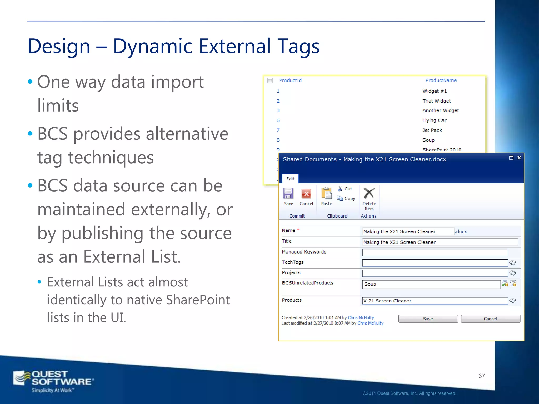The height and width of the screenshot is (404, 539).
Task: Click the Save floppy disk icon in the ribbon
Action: [288, 194]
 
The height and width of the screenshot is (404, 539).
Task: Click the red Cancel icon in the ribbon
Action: [306, 194]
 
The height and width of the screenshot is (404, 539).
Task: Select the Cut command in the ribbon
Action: [345, 189]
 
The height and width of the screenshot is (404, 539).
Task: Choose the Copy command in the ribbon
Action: [346, 199]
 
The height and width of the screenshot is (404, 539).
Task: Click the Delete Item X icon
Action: [369, 193]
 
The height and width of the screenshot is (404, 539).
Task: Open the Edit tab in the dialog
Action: [290, 179]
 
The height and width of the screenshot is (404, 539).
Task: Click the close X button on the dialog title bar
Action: [519, 158]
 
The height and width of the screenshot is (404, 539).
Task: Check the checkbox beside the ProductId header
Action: [270, 80]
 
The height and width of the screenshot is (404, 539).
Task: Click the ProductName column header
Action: [441, 80]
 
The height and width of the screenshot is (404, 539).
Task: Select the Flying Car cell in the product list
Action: [434, 120]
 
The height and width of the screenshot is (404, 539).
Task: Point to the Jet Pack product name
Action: [432, 130]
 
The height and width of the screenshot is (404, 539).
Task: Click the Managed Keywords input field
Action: [435, 252]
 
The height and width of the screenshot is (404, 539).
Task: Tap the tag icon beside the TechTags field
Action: [512, 263]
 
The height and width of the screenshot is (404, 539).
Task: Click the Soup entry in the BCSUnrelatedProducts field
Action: [370, 284]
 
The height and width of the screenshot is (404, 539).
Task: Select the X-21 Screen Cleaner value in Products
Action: [387, 301]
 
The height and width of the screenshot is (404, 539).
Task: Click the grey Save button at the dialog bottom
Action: [428, 319]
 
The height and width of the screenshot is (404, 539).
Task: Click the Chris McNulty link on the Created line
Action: [361, 318]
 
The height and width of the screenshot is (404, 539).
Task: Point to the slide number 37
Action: [482, 376]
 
